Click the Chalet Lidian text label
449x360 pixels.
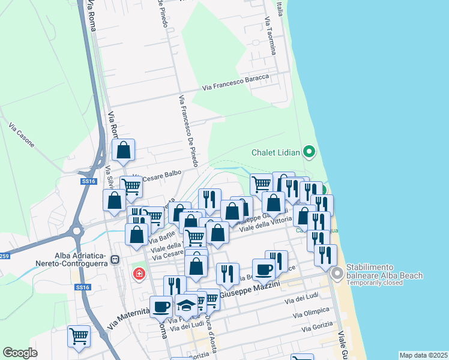(276, 152)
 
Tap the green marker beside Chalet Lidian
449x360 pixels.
(309, 152)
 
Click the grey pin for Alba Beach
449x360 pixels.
(337, 274)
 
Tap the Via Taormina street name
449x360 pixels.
(270, 36)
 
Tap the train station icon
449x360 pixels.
(115, 260)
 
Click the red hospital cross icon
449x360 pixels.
(139, 274)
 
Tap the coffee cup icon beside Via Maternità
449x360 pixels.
(161, 307)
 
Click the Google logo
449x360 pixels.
(20, 353)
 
